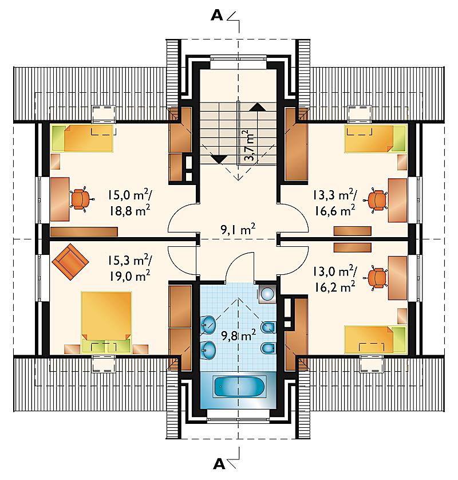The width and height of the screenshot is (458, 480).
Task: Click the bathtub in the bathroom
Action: (239, 387)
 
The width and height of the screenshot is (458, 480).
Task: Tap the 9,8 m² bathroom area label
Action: (238, 336)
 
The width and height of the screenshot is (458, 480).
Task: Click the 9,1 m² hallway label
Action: (238, 229)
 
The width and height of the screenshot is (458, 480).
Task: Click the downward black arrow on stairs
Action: (219, 159)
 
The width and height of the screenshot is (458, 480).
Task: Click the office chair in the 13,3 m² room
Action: (376, 200)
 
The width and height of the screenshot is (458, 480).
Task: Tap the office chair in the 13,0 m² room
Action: (376, 278)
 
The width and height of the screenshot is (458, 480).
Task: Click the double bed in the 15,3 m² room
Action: (106, 322)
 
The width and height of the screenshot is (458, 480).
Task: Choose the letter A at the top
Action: (217, 15)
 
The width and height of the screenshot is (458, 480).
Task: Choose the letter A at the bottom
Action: (219, 464)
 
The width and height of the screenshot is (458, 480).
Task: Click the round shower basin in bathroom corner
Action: (268, 294)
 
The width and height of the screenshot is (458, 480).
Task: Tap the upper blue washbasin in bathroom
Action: (208, 324)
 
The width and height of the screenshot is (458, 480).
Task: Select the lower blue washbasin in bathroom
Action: (208, 349)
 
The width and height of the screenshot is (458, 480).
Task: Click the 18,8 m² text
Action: (130, 211)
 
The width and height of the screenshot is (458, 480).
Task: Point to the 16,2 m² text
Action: (335, 287)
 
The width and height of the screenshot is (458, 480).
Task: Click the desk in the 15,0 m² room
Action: (60, 199)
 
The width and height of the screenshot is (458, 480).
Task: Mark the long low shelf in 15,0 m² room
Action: (84, 232)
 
